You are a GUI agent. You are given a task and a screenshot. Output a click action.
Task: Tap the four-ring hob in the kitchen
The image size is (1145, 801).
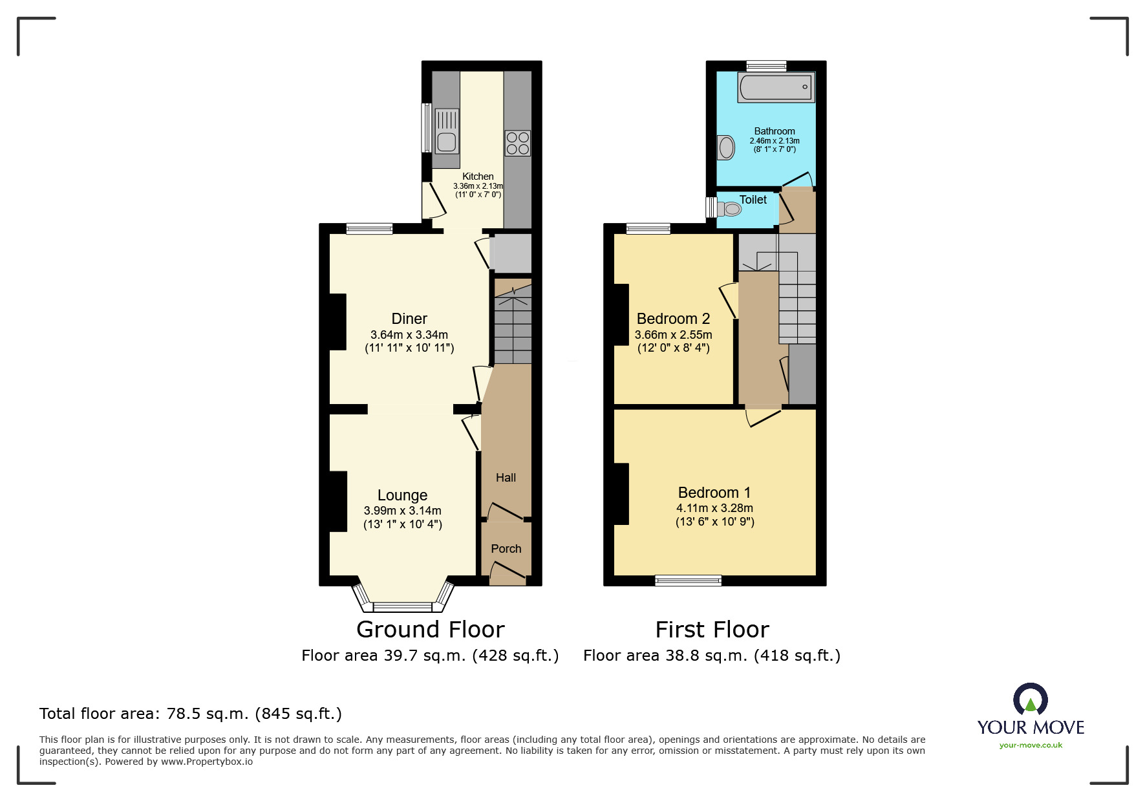(x=518, y=143)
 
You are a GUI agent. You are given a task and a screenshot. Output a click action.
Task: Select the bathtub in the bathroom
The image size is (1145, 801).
(x=776, y=87)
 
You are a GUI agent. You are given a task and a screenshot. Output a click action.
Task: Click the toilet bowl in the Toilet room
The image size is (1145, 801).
(x=731, y=209)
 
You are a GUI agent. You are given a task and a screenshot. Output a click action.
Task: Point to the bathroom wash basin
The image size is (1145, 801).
(x=726, y=147)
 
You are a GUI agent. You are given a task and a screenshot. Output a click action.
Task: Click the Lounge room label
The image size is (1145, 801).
(x=402, y=495)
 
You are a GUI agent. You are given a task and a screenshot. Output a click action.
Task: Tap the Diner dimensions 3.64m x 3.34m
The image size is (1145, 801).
(x=409, y=335)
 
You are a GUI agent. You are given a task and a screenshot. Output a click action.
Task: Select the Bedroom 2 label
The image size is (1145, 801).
(x=673, y=319)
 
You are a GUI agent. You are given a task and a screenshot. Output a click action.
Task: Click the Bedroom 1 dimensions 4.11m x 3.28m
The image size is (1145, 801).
(x=714, y=508)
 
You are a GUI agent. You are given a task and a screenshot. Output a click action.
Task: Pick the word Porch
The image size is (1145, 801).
(x=506, y=549)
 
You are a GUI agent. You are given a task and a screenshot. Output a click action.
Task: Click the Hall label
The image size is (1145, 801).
(x=506, y=478)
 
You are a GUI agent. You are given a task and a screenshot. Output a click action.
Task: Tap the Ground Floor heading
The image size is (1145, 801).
(x=430, y=630)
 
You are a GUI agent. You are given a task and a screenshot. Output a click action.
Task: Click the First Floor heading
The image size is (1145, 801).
(x=712, y=630)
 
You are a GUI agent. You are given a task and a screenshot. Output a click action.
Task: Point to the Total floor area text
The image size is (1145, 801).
(x=191, y=714)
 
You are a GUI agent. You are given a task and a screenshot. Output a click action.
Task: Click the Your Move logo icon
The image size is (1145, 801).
(x=1030, y=700)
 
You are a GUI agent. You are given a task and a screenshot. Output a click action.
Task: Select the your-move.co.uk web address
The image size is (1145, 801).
(x=1031, y=745)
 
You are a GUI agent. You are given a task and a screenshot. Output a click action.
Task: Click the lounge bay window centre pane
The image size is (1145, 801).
(x=402, y=606)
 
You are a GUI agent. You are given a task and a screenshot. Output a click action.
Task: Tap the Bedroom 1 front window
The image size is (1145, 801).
(x=688, y=580)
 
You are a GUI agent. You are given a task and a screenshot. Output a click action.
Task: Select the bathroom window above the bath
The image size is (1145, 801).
(x=766, y=65)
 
